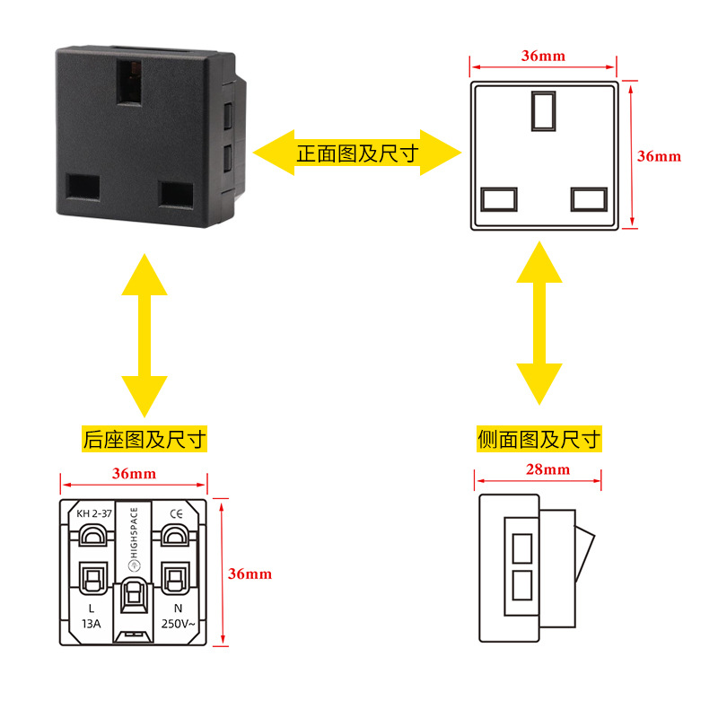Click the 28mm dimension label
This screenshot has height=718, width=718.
point(547,469)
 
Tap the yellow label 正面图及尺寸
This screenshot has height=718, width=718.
point(357,153)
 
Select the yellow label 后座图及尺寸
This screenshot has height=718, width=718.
point(144,439)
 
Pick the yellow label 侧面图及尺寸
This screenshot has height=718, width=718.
point(539,439)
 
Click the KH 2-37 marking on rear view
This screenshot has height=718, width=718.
point(94,513)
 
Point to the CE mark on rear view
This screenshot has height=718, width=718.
point(176,513)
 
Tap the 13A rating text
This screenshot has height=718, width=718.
point(92,624)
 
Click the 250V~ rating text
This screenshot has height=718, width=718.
point(178,624)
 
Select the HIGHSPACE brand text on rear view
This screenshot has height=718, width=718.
point(134,532)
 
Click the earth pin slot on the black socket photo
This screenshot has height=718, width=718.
point(128,82)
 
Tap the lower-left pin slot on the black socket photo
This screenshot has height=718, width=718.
point(83,188)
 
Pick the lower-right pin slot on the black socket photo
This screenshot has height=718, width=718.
point(176,195)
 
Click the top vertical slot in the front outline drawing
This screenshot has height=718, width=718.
point(544,110)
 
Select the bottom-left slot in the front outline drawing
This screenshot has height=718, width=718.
point(499,199)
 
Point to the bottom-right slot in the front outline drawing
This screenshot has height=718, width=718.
point(590,199)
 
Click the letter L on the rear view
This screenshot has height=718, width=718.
point(92,609)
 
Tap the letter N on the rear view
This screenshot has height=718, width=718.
point(178,609)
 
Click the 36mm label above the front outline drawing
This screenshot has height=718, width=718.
point(543,56)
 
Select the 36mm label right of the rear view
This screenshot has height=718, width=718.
point(250,574)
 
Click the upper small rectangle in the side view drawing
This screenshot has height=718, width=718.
point(522,548)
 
